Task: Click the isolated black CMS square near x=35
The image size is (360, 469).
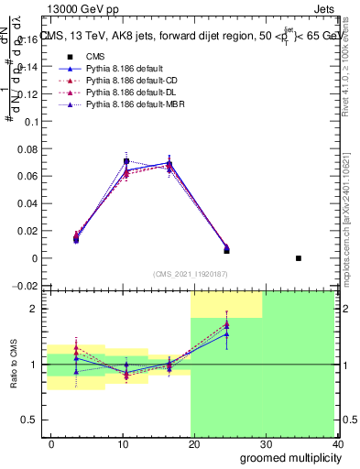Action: [299, 258]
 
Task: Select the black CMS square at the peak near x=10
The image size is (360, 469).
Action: [126, 161]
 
